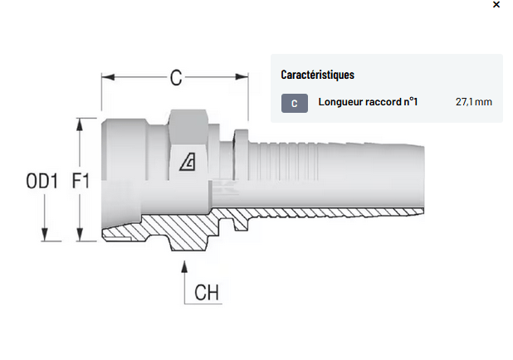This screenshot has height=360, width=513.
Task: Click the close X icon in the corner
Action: [x=496, y=5]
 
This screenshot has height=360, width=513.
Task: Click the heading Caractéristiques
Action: [x=317, y=75]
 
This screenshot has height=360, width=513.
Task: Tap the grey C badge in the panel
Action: [x=294, y=103]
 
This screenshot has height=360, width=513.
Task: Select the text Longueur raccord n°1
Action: [x=368, y=102]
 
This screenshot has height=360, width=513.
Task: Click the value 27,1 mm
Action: [x=473, y=102]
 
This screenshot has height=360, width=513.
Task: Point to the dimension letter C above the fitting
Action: [x=175, y=78]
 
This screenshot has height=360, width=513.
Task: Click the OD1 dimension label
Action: [x=42, y=180]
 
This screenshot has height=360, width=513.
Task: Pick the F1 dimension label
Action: [x=81, y=180]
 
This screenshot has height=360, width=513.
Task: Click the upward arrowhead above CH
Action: [x=184, y=266]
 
